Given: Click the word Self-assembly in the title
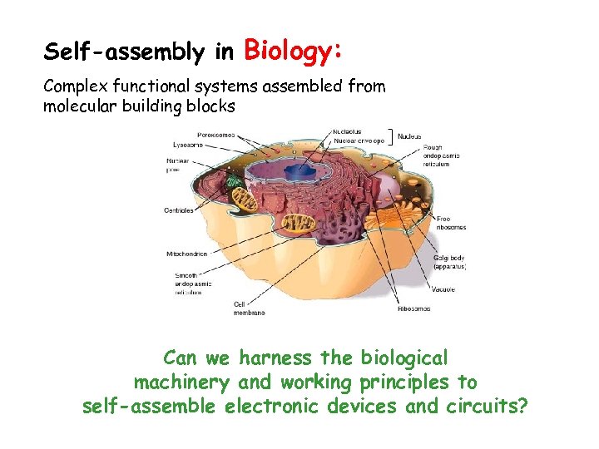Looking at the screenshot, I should click(124, 53).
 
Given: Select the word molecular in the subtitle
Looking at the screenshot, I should click(80, 106).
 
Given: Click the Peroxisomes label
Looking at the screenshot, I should click(215, 133).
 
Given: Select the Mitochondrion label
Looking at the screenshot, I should click(186, 254).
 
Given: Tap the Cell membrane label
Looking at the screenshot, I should click(249, 308).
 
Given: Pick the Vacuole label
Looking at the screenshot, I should click(443, 289).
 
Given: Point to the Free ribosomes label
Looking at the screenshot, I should click(450, 223).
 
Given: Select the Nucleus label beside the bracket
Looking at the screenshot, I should click(409, 136).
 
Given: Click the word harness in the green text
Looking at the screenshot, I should click(276, 358).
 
